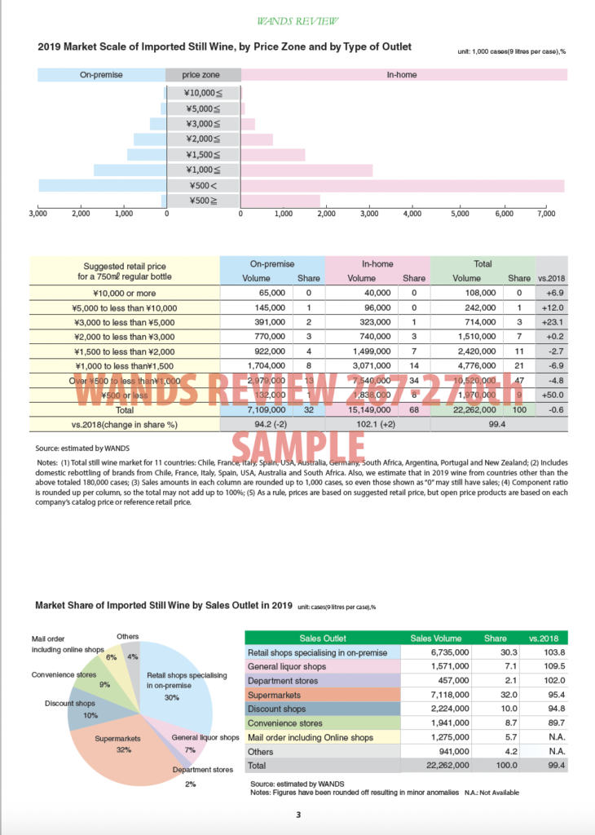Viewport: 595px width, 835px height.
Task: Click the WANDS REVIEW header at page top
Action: click(297, 20)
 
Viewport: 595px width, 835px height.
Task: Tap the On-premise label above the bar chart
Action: click(101, 75)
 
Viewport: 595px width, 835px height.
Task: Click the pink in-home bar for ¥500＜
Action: click(403, 186)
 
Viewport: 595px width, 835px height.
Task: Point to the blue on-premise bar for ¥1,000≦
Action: click(130, 170)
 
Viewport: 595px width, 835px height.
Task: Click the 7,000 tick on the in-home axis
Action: click(546, 214)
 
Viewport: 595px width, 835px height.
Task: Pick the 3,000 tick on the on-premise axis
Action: click(37, 214)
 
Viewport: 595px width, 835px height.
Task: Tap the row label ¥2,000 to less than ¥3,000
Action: click(125, 337)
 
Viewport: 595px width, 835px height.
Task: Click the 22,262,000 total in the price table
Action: click(469, 410)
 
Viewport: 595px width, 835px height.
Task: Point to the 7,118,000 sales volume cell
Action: click(443, 696)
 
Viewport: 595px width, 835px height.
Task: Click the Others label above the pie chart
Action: click(128, 636)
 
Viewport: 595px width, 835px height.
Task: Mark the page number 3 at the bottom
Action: click(298, 815)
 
